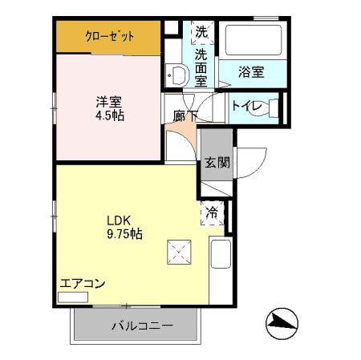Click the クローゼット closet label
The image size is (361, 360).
click(110, 36)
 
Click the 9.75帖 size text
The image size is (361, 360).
click(125, 234)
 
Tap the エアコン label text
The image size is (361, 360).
click(83, 283)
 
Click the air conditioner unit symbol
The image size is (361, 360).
click(73, 297)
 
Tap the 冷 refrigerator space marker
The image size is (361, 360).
click(213, 213)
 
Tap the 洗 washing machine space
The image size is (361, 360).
click(201, 34)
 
